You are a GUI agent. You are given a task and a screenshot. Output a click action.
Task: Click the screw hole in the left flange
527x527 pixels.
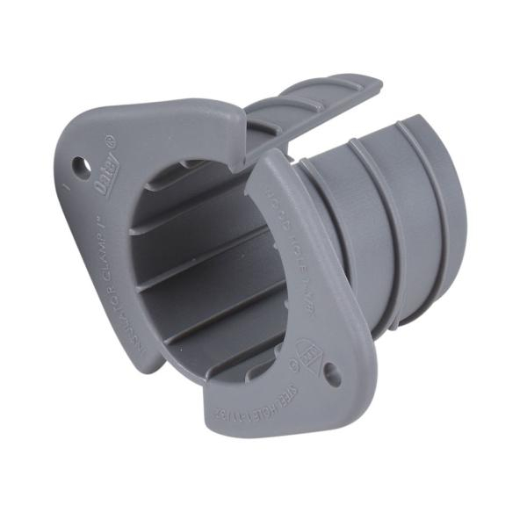click(x=80, y=164)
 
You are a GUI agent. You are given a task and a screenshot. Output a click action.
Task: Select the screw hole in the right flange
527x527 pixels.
click(x=332, y=375)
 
